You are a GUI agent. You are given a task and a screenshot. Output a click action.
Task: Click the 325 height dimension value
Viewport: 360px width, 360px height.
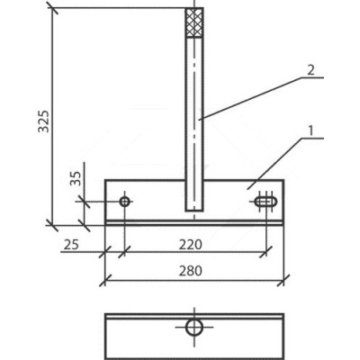[43, 121]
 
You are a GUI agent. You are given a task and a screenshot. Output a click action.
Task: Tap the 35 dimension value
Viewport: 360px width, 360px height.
[76, 178]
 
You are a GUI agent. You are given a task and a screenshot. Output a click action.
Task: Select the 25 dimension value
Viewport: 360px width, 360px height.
[71, 245]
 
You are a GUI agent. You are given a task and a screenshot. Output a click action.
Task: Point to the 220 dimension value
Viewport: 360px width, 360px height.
[191, 245]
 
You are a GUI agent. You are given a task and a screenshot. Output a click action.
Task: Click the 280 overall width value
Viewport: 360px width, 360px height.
[191, 271]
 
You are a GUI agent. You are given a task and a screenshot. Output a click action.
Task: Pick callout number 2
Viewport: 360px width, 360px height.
[311, 71]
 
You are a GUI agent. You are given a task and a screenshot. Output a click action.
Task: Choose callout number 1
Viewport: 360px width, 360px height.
[310, 131]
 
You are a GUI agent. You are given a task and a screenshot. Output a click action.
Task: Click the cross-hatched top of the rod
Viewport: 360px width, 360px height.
[194, 22]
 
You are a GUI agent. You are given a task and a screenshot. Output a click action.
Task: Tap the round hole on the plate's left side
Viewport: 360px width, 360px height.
[125, 202]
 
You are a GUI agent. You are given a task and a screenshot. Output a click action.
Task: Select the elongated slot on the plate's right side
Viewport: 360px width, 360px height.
[265, 202]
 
